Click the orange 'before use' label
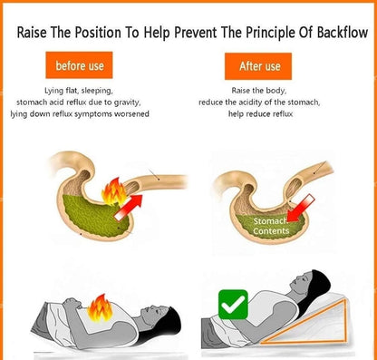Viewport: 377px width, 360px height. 79,65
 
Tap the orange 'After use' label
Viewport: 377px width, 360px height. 258,66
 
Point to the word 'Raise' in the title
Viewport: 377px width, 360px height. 32,33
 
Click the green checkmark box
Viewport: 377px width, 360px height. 233,305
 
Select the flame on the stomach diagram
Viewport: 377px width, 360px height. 114,191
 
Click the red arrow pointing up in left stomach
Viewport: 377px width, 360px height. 128,208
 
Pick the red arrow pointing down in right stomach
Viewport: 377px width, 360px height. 300,209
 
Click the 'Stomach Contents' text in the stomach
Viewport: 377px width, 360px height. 271,226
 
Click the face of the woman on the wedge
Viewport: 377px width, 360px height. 302,279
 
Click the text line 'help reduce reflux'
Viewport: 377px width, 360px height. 260,114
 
